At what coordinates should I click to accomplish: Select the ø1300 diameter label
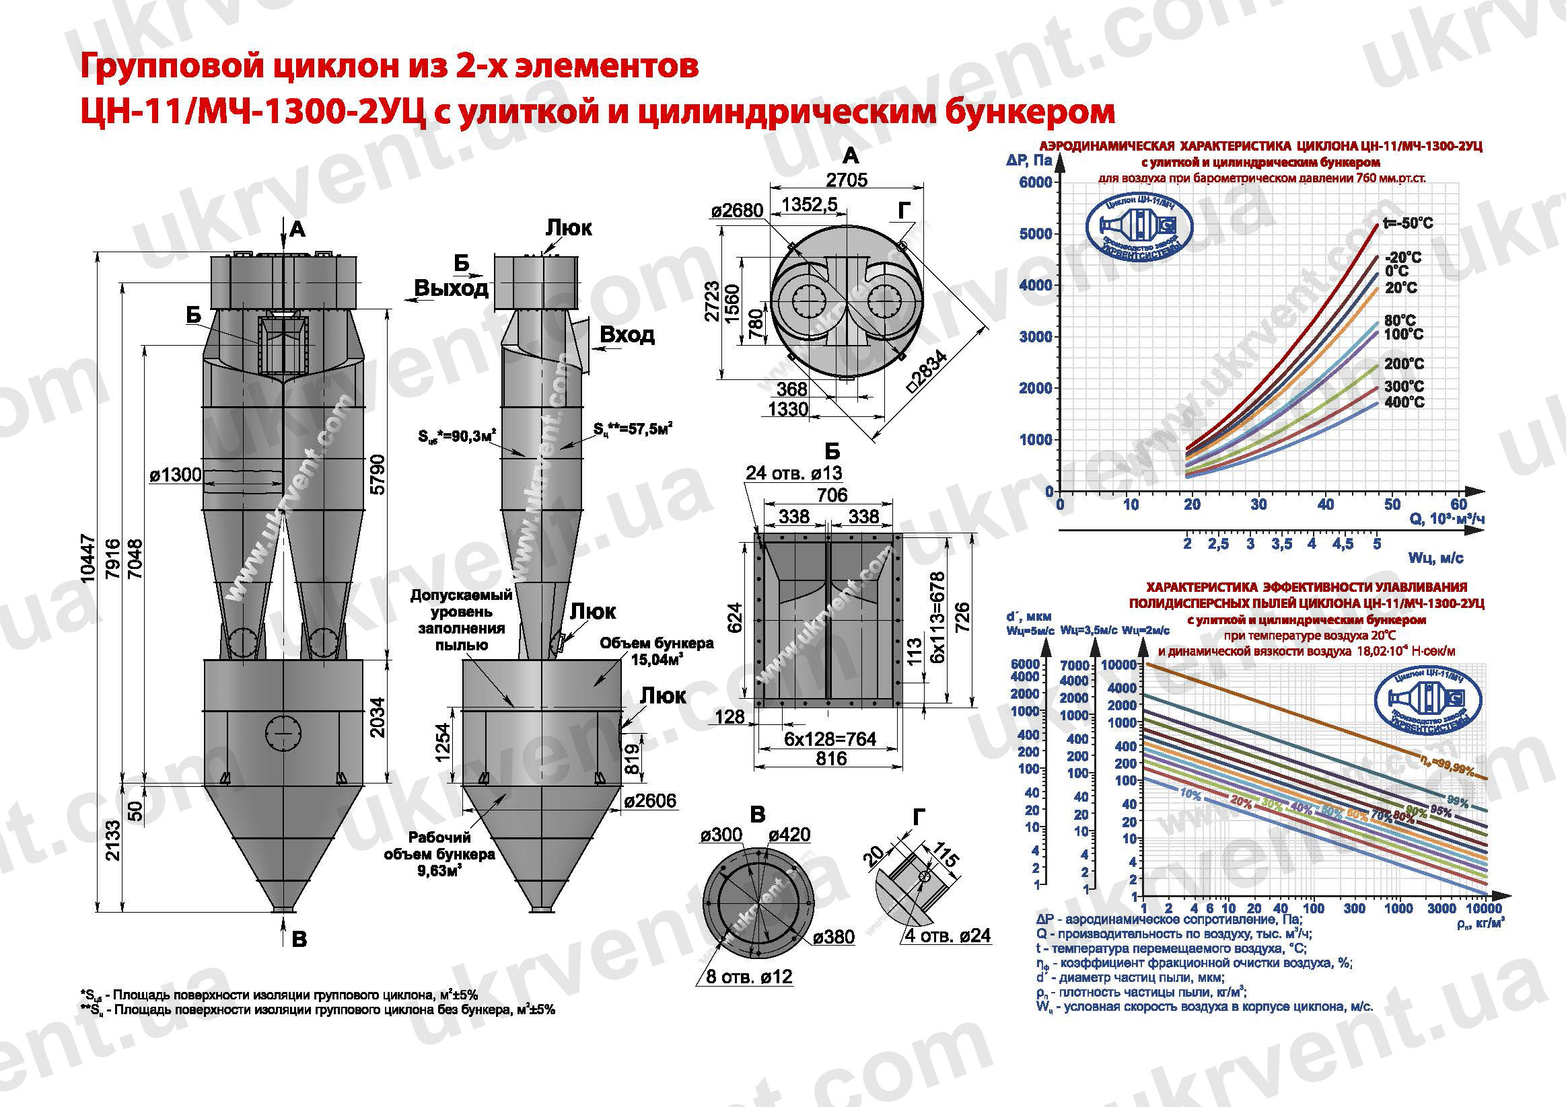pos(175,474)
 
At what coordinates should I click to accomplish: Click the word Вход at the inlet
pos(627,335)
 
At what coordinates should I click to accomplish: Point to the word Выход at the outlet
pos(451,289)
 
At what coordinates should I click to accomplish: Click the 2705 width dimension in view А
pos(847,180)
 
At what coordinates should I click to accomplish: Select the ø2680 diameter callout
pos(738,211)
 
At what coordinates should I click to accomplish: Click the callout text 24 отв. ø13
pos(794,473)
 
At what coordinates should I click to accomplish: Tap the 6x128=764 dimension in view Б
pos(830,739)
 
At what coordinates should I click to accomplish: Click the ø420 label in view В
pos(790,835)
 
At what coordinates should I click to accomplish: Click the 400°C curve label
pos(1404,402)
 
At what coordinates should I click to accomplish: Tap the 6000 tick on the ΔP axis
pos(1035,183)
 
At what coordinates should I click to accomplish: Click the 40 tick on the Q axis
pos(1325,505)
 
